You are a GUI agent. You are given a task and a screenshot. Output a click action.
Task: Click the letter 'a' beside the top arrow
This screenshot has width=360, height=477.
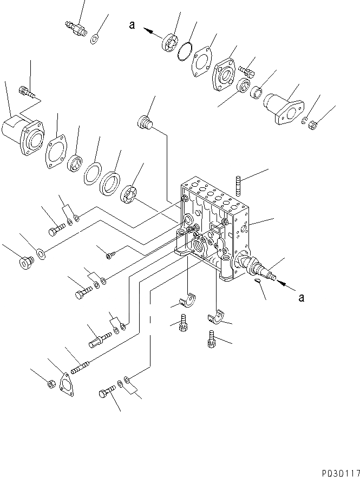coord(132,24)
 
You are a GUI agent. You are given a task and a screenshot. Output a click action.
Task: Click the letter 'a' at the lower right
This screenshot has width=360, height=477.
coord(301,296)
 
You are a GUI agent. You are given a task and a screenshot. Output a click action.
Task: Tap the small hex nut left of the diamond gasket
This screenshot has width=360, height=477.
coord(49,384)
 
